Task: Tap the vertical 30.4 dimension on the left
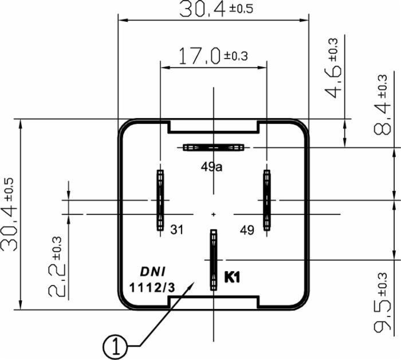point(10,213)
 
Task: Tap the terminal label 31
point(177,229)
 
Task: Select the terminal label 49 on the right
point(247,229)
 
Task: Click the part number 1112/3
point(150,287)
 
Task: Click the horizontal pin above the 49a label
point(214,147)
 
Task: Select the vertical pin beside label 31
point(160,201)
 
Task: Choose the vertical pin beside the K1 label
point(214,260)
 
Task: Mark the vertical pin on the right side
point(266,201)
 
